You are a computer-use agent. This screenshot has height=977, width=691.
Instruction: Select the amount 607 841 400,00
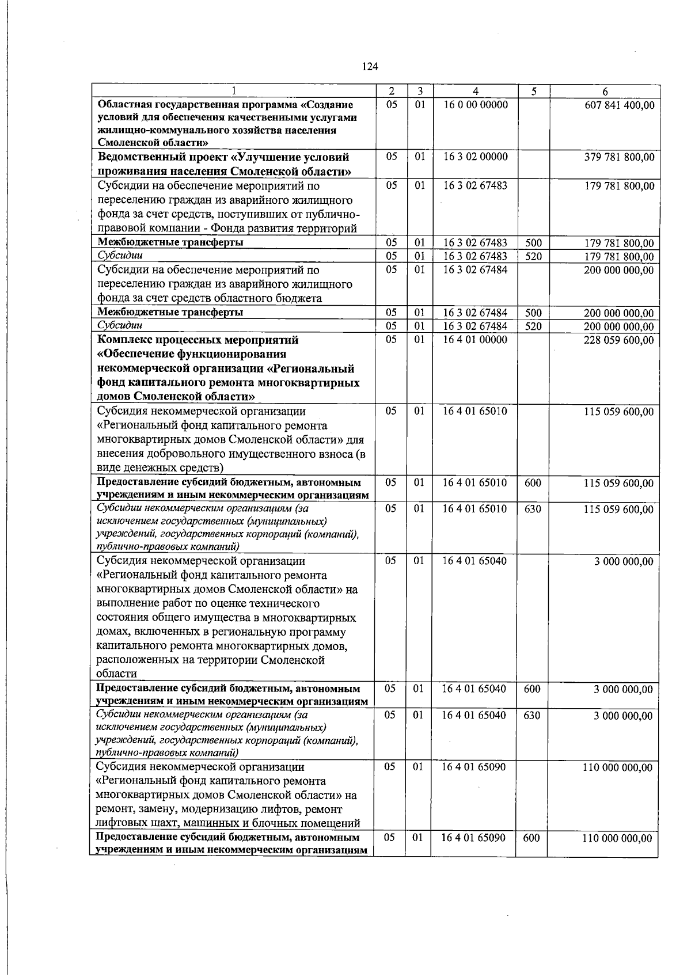pos(619,105)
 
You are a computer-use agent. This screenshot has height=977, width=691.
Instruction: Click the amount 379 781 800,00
pos(619,157)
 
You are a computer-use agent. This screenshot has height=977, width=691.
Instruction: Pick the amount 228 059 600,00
pos(619,340)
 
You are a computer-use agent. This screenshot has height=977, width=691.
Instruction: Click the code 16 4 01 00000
pos(475,340)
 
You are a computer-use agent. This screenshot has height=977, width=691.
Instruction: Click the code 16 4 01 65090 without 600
pos(474,767)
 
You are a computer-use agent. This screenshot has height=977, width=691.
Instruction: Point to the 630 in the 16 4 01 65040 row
pos(533,715)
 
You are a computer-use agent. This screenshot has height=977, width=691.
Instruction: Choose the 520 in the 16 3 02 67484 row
pos(534,326)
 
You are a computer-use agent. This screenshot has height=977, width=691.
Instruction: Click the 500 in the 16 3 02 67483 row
pos(534,243)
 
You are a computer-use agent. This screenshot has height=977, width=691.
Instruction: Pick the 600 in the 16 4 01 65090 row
pos(531,838)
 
